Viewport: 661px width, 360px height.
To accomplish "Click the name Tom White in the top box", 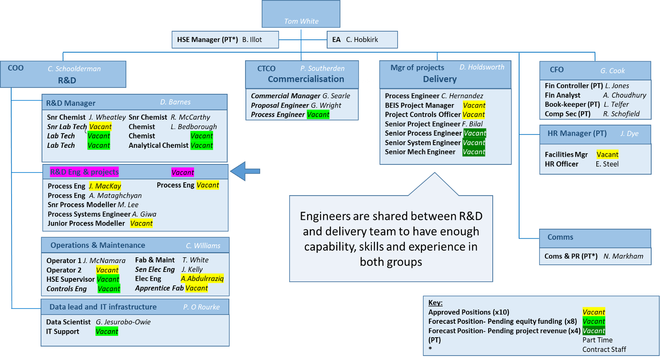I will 301,21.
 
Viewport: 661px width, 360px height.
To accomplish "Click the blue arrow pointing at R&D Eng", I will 245,172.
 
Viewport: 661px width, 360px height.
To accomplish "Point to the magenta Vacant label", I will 183,172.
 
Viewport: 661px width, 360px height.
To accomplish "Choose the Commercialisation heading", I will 306,79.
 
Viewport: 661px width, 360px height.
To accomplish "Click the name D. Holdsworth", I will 482,67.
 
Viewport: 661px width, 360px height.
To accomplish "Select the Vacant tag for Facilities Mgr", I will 607,155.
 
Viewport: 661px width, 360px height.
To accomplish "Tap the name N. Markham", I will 623,256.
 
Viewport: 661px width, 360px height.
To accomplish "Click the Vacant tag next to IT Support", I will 107,331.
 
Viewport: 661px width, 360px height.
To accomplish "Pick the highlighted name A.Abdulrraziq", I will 202,279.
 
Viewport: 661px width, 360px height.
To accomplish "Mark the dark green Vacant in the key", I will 594,331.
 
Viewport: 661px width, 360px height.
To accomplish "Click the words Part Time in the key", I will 597,340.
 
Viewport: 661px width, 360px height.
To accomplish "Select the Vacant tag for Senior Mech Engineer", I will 474,152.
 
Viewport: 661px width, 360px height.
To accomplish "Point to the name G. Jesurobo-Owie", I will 123,322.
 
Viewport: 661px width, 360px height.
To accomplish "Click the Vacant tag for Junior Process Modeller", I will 141,223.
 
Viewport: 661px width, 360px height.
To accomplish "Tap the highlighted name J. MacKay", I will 105,186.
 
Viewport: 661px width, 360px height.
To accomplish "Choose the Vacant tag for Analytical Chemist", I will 201,145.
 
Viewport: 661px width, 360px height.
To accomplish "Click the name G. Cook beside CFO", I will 612,71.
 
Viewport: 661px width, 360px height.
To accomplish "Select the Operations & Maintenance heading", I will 98,245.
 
